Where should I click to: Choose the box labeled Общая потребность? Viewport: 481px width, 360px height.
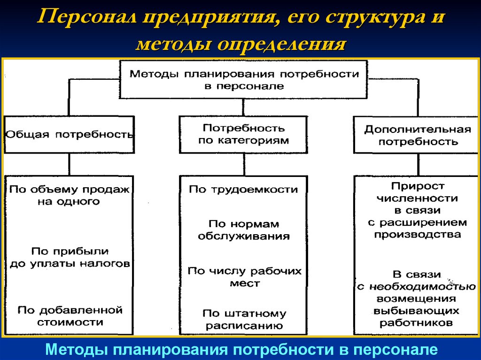point(69,134)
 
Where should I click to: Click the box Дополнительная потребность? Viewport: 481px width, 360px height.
point(418,135)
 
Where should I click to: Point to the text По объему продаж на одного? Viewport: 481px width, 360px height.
point(69,195)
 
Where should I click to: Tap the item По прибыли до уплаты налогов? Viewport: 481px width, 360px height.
point(70,257)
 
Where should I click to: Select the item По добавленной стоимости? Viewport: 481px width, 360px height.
point(70,316)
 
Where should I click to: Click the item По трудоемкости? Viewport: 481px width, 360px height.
point(243,190)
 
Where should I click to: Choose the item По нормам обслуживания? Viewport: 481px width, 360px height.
point(243,230)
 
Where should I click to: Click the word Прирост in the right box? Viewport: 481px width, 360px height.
point(418,186)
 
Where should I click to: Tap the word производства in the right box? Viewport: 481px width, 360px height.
point(418,234)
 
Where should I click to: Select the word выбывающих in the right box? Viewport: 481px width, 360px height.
point(418,311)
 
